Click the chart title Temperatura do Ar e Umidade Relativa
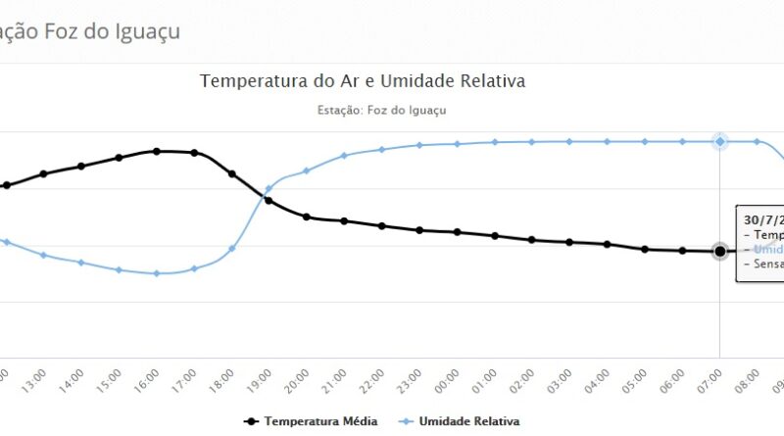tap(363, 81)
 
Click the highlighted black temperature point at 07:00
tap(720, 252)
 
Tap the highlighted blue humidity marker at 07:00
tap(720, 142)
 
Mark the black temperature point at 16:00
tap(156, 151)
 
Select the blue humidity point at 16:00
tap(156, 273)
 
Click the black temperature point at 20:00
tap(307, 217)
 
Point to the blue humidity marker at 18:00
tap(231, 248)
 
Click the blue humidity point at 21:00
tap(344, 156)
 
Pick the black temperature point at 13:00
tap(43, 173)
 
